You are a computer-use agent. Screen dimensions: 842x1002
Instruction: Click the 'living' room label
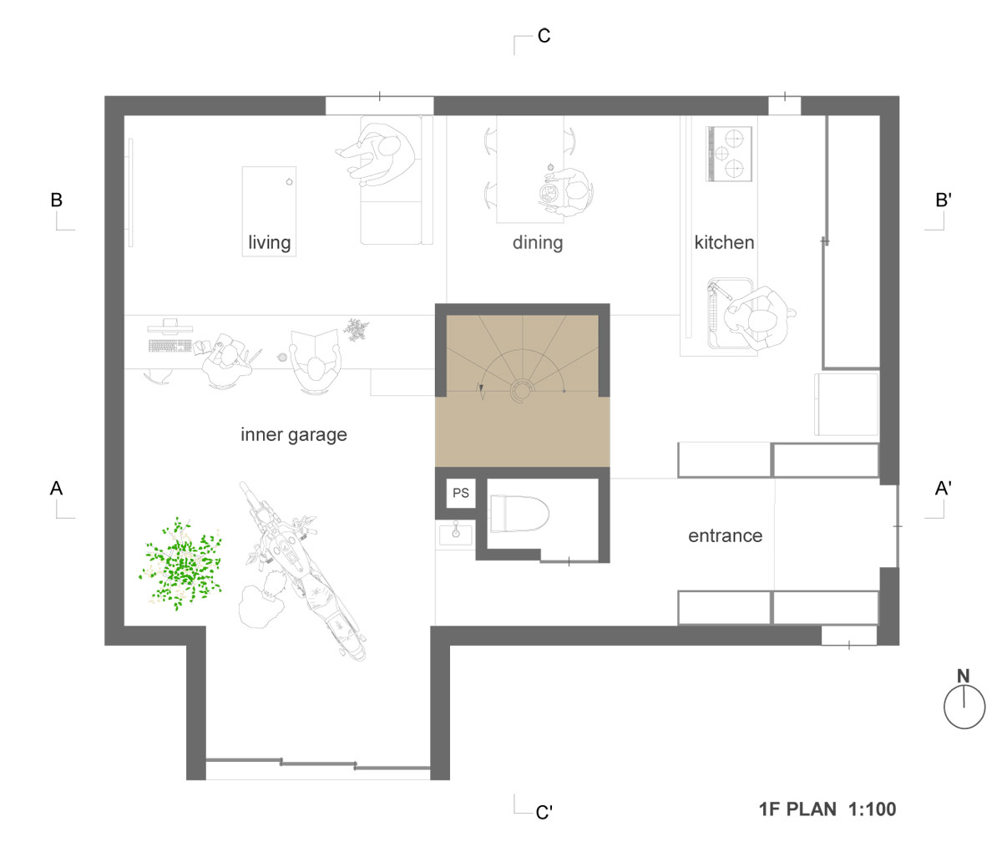[269, 243]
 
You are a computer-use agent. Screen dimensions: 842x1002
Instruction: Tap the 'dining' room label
[538, 243]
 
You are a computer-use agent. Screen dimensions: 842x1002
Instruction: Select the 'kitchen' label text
[724, 243]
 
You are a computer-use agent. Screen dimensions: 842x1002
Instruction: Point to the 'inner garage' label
[293, 435]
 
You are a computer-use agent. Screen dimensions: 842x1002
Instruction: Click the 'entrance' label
[725, 535]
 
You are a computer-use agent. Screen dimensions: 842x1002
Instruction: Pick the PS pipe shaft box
[461, 494]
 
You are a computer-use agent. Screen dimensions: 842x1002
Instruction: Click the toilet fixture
[519, 514]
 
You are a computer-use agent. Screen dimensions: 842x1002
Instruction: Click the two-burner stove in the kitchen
[730, 154]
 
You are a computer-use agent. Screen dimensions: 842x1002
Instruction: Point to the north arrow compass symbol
[964, 705]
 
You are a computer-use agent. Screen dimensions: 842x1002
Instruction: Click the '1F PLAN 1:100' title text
[827, 809]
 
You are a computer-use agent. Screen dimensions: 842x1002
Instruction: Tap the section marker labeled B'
[942, 200]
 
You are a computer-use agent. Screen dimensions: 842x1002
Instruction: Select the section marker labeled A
[57, 488]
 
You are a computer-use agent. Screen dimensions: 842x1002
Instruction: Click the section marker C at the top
[543, 36]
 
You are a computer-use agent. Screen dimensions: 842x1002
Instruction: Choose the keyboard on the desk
[170, 345]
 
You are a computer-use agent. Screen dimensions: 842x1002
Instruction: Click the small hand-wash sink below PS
[455, 532]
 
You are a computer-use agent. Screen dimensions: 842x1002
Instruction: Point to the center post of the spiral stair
[523, 389]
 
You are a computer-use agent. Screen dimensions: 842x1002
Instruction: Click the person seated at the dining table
[573, 193]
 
